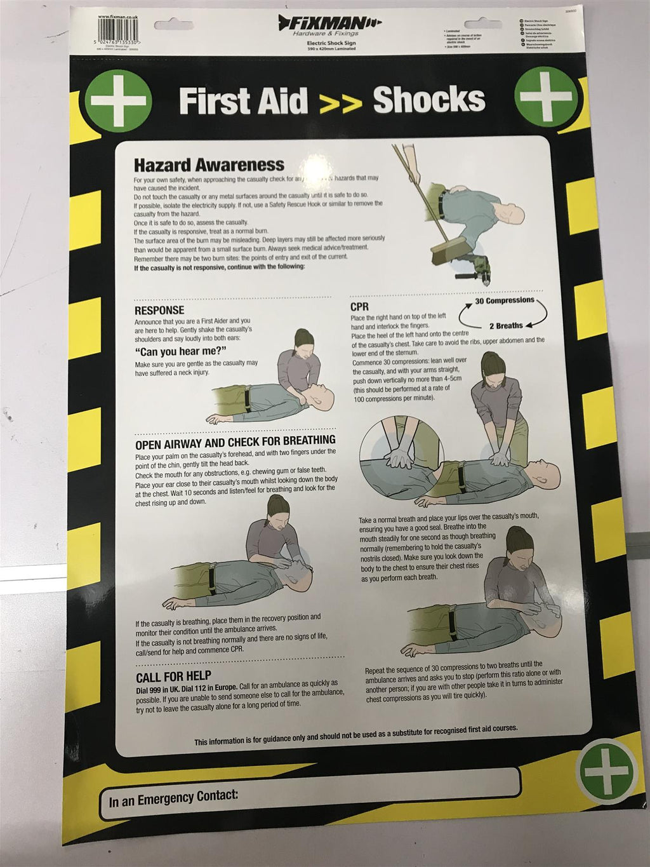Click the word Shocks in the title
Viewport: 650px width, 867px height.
[428, 100]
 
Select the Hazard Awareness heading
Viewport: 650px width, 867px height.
[209, 165]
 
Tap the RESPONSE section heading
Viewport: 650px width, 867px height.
[159, 310]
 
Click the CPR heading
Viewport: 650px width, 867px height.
[359, 307]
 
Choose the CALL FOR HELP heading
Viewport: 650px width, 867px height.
[173, 676]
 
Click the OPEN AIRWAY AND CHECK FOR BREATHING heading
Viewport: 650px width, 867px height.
[235, 440]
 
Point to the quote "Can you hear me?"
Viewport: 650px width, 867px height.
[181, 353]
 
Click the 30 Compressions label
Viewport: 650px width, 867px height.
[505, 300]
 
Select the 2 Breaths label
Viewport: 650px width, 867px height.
[505, 325]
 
